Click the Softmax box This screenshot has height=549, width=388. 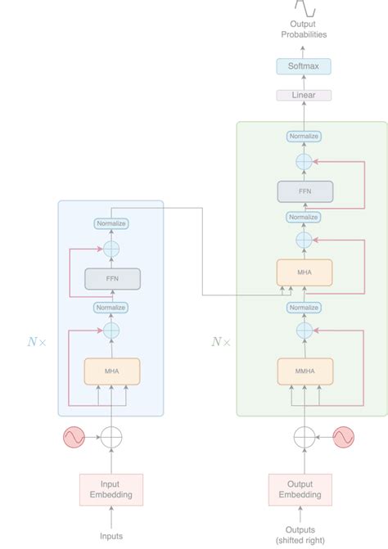(304, 65)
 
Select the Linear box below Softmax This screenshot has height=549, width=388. (304, 95)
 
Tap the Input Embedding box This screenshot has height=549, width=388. (111, 488)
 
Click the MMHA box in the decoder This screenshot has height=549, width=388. (304, 371)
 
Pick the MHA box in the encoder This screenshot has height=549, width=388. (112, 371)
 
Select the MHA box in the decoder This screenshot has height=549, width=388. (304, 272)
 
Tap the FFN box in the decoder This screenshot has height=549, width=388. (304, 191)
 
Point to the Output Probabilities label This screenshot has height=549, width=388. (304, 30)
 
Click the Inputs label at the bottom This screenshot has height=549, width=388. (111, 536)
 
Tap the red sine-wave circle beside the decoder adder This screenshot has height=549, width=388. (343, 439)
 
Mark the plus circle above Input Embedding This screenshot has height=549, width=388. (111, 439)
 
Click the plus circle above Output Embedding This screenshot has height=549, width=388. (304, 439)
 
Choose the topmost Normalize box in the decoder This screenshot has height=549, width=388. (304, 137)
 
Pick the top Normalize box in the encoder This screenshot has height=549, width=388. (112, 223)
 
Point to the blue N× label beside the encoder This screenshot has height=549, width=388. (37, 342)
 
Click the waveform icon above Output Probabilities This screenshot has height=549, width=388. (304, 8)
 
